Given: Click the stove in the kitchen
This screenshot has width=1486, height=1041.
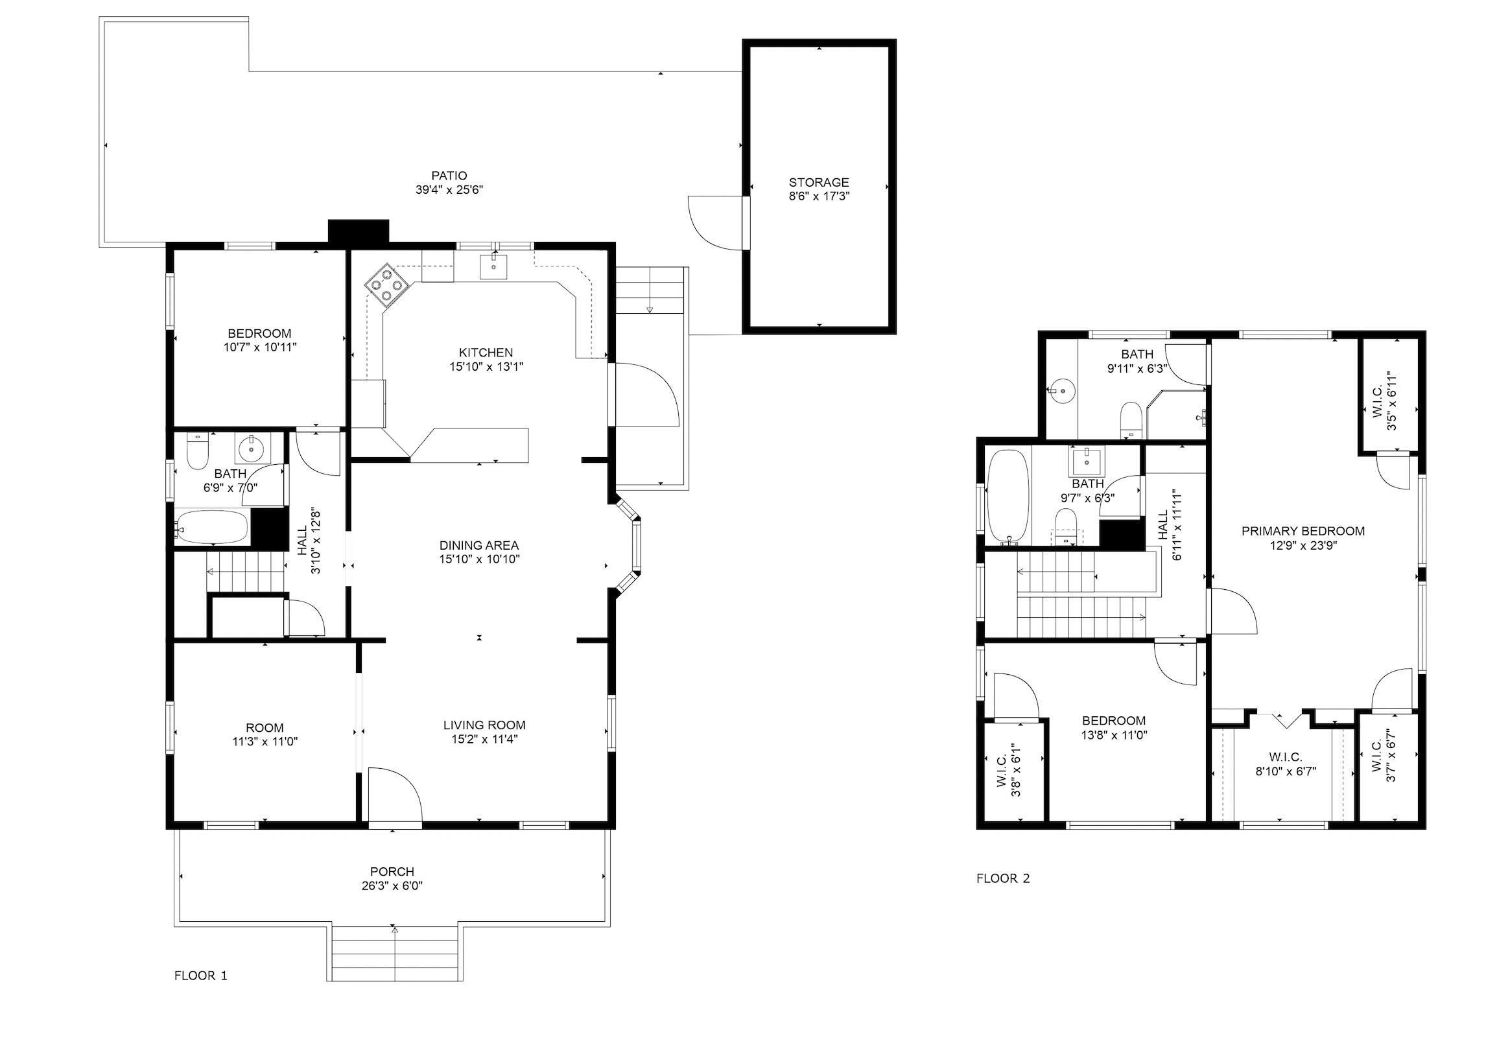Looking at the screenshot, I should pyautogui.click(x=386, y=285).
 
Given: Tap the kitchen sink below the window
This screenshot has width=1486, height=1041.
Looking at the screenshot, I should pyautogui.click(x=493, y=266).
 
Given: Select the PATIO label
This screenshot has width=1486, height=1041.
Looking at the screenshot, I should pyautogui.click(x=449, y=176).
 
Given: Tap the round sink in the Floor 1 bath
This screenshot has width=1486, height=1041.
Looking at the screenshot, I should pyautogui.click(x=249, y=447).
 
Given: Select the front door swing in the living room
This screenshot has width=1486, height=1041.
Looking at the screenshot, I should pyautogui.click(x=395, y=795).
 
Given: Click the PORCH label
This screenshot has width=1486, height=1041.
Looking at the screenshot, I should pyautogui.click(x=392, y=872).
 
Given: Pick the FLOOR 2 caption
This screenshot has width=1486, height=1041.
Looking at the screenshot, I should pyautogui.click(x=1003, y=878).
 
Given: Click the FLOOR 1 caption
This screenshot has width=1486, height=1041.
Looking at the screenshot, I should pyautogui.click(x=201, y=975).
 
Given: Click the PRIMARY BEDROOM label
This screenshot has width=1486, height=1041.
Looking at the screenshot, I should pyautogui.click(x=1303, y=532).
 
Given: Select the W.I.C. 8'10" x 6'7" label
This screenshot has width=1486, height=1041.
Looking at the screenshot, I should pyautogui.click(x=1286, y=764).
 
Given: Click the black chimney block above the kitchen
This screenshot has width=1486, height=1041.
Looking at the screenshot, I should pyautogui.click(x=358, y=231).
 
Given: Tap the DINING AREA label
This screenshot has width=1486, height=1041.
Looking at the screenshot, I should pyautogui.click(x=479, y=545).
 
